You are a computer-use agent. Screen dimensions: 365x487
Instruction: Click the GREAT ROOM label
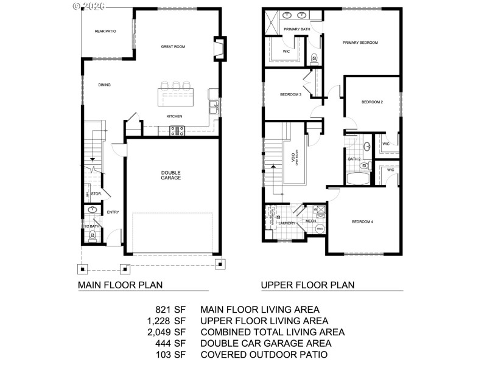pyautogui.click(x=173, y=46)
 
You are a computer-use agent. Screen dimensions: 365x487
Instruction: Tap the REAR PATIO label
pyautogui.click(x=105, y=30)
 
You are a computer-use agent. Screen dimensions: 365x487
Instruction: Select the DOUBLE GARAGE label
pyautogui.click(x=171, y=175)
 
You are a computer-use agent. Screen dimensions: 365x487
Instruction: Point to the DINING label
pyautogui.click(x=105, y=85)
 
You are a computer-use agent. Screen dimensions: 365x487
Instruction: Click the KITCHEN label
pyautogui.click(x=175, y=116)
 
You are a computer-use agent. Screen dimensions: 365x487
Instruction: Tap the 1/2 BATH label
pyautogui.click(x=91, y=227)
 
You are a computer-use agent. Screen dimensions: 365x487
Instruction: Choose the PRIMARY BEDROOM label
pyautogui.click(x=360, y=43)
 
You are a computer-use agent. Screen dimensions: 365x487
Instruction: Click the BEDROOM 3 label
pyautogui.click(x=290, y=94)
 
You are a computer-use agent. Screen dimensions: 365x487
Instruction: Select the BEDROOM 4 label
pyautogui.click(x=362, y=221)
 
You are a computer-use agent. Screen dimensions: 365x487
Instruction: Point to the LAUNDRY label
pyautogui.click(x=286, y=223)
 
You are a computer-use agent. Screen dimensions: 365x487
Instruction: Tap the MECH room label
pyautogui.click(x=310, y=221)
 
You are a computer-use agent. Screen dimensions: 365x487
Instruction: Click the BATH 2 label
pyautogui.click(x=354, y=159)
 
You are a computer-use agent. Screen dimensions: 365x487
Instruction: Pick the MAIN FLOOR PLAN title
pyautogui.click(x=120, y=284)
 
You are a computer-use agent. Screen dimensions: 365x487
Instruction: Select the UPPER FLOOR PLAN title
pyautogui.click(x=307, y=284)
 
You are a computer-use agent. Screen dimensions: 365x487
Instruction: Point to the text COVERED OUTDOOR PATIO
pyautogui.click(x=264, y=355)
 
